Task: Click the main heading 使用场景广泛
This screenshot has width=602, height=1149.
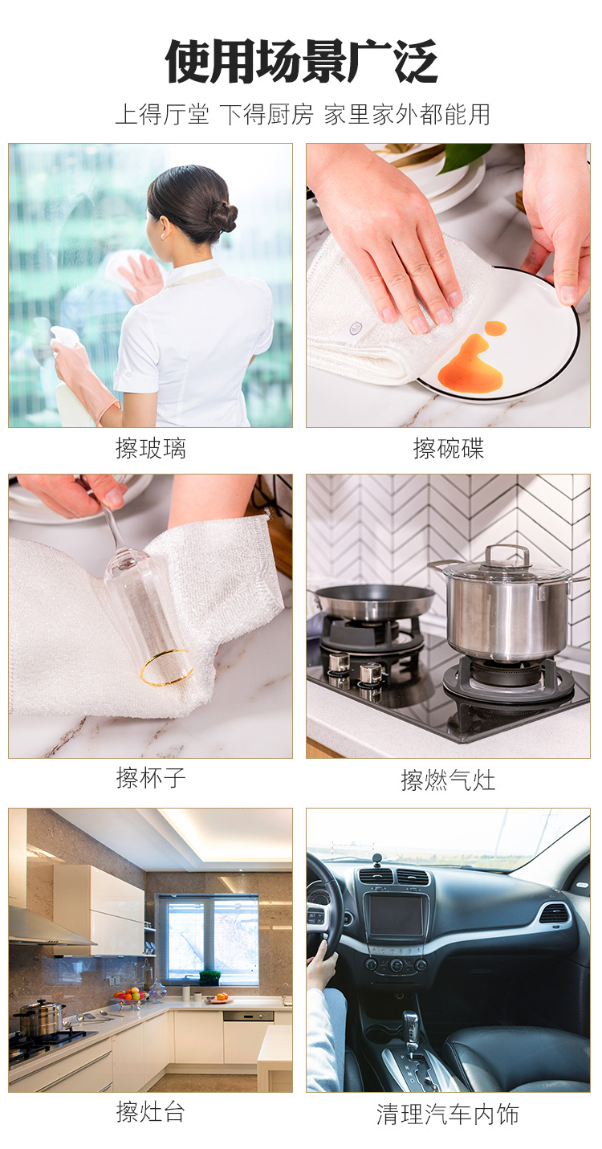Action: point(301,62)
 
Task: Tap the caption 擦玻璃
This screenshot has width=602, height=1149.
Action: point(150,448)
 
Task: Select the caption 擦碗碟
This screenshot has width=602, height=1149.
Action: point(448,448)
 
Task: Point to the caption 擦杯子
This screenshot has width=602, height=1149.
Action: point(150,777)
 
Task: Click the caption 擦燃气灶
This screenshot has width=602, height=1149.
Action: point(448,779)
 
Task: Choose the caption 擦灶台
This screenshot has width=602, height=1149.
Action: point(150,1112)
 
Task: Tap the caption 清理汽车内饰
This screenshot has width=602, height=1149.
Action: point(448,1114)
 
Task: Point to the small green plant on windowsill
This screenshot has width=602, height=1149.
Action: point(209,976)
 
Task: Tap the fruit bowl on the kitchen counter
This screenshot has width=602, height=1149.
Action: point(130,996)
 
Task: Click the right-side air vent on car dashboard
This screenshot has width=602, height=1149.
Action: point(554,913)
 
